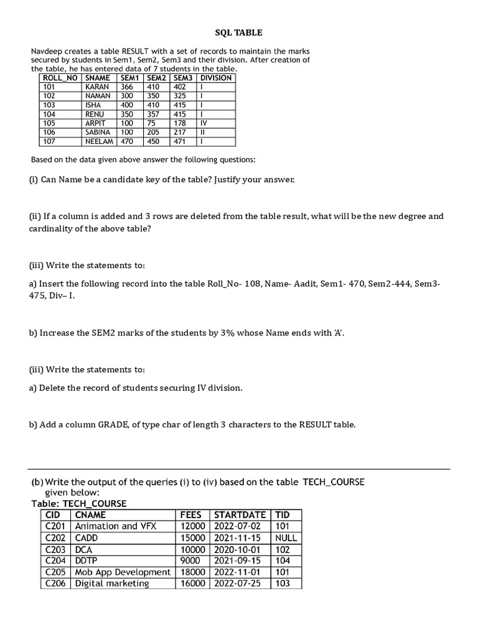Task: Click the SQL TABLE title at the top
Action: point(238,33)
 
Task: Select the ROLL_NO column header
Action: point(60,78)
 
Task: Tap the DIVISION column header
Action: point(216,78)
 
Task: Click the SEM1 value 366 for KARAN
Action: point(128,88)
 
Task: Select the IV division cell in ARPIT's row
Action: point(204,124)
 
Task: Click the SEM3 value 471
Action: point(180,142)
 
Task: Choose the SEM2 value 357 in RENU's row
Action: point(153,114)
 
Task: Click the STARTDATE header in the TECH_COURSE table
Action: point(240,515)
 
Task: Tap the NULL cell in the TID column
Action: point(286,538)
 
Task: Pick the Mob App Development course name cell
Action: point(123,572)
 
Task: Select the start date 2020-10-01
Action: point(237,550)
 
